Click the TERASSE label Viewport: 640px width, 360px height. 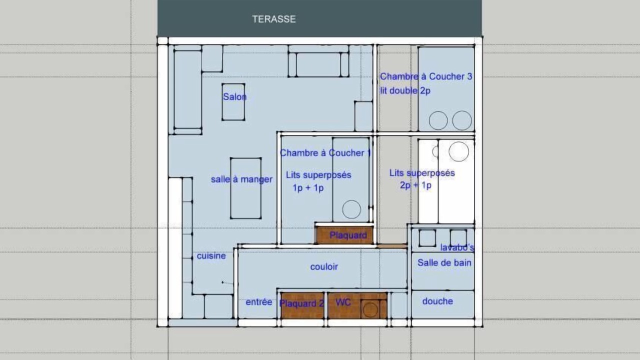(x=273, y=19)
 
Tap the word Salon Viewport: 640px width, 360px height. (x=234, y=97)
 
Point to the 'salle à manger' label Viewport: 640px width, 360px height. (x=241, y=179)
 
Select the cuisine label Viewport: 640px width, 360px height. (x=211, y=255)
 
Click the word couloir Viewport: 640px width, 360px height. (x=324, y=266)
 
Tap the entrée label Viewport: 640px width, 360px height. (x=259, y=302)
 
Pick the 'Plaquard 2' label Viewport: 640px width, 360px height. (x=301, y=303)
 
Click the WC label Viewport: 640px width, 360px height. (x=343, y=302)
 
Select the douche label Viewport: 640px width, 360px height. (x=437, y=301)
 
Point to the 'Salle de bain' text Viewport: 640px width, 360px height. (x=444, y=263)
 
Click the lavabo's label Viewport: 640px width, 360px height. (x=457, y=247)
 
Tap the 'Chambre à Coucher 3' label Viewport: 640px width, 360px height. (x=426, y=76)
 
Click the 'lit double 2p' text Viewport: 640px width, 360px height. (x=405, y=91)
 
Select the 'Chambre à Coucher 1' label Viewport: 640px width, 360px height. (x=325, y=153)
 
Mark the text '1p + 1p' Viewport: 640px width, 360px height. (x=308, y=188)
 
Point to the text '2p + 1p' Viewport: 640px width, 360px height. (x=415, y=185)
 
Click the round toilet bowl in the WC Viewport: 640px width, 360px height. (x=370, y=309)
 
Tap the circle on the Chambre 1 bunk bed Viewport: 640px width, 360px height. (x=351, y=209)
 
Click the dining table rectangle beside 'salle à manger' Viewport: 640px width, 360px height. (x=245, y=188)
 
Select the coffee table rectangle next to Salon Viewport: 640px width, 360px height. (x=233, y=102)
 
